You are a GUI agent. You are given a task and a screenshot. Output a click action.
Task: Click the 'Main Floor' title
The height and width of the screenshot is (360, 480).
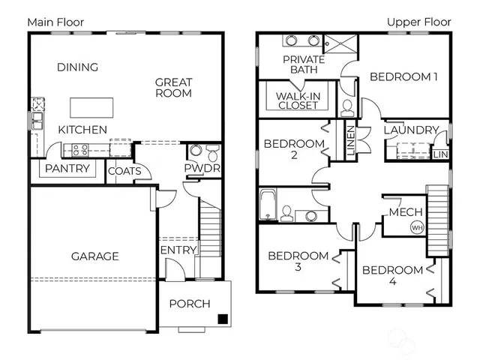point(55,22)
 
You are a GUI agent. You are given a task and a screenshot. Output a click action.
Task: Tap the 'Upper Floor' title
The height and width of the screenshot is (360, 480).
point(418,22)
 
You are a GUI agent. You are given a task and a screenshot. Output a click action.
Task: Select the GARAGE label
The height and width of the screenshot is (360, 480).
point(94,256)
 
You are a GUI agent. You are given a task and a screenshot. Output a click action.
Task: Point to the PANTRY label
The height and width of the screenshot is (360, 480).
point(67,169)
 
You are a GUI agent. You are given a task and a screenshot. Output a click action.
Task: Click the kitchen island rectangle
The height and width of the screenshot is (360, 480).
point(92,107)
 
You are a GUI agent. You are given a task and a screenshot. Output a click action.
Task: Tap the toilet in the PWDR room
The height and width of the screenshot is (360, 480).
point(212,154)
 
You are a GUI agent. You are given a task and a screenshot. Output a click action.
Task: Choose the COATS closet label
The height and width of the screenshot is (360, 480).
point(124,171)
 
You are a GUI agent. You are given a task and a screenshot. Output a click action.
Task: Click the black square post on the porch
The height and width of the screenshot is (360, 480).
point(222,319)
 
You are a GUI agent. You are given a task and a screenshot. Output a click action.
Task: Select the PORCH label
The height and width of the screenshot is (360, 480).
point(189,304)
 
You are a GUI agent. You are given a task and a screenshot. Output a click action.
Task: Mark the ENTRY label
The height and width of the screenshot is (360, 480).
point(178,250)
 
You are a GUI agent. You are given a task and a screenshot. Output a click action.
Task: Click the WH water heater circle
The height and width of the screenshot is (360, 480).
point(416,227)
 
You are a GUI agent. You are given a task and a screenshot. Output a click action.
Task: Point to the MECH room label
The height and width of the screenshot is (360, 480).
point(405,212)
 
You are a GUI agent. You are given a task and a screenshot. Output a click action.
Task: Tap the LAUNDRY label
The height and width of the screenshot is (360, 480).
point(410,130)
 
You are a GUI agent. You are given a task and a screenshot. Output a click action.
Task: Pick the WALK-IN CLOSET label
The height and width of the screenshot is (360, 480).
point(298,100)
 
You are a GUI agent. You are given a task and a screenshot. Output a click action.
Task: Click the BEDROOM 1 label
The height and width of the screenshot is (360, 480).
point(404,76)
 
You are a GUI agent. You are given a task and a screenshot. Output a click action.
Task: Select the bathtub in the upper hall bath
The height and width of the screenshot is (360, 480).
point(268,205)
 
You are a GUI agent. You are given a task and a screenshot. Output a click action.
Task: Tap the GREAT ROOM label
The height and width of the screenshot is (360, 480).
point(174,88)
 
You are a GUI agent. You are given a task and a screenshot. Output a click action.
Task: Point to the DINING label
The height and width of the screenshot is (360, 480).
point(77,67)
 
